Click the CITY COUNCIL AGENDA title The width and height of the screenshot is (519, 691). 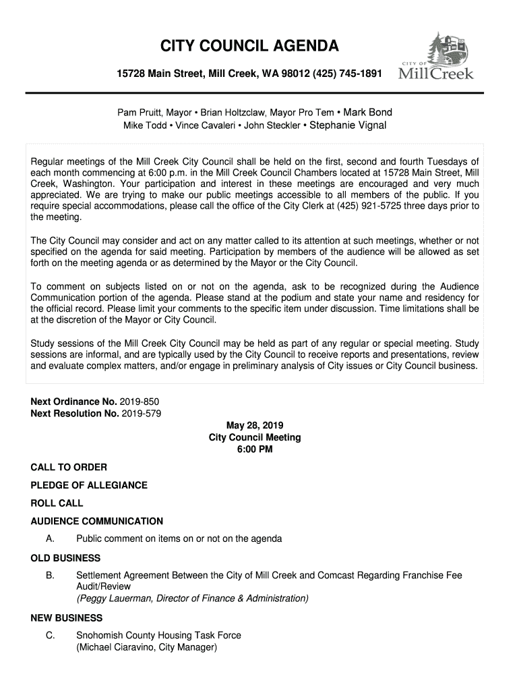click(249, 47)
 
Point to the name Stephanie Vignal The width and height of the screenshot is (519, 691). click(348, 125)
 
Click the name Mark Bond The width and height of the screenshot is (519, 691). click(368, 112)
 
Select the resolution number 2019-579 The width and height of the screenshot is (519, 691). click(142, 413)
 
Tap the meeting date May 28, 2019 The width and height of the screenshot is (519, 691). click(255, 425)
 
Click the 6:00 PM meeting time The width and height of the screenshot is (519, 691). click(255, 449)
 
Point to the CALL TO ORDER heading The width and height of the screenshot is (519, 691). click(69, 467)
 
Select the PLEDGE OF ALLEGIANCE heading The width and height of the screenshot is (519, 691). click(89, 485)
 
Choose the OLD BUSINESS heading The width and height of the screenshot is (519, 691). click(65, 558)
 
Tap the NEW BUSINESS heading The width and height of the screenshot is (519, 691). click(67, 618)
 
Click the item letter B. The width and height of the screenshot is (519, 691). click(50, 576)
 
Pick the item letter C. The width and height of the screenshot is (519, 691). click(50, 636)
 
